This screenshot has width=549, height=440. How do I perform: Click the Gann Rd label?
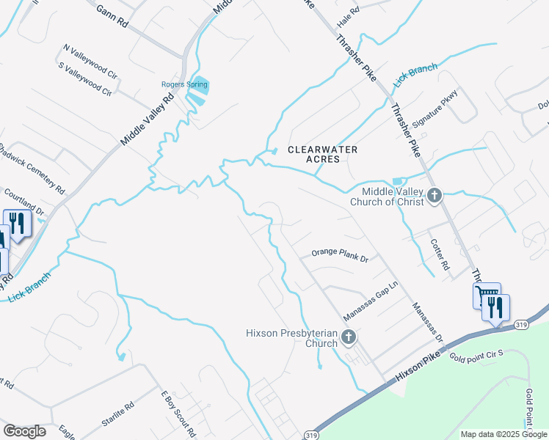tap(112, 17)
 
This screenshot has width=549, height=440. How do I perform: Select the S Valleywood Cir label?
tap(84, 79)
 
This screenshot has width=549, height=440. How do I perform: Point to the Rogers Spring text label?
tap(184, 84)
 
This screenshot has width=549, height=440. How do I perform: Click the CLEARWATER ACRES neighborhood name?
tap(322, 154)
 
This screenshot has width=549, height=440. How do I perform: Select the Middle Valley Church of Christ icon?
tap(435, 195)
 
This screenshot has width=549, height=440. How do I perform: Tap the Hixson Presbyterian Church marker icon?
tap(349, 337)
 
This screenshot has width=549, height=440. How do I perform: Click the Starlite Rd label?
tap(117, 415)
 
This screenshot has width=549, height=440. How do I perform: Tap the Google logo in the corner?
tap(24, 431)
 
